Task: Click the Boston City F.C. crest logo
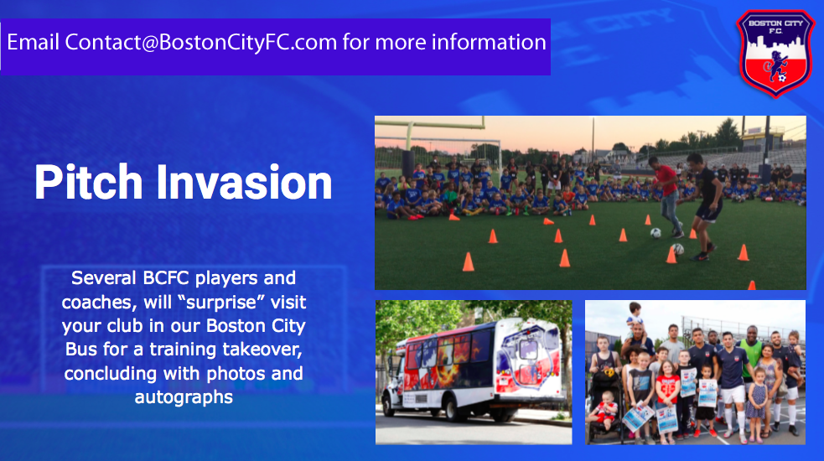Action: pyautogui.click(x=775, y=54)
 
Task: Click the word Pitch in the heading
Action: pyautogui.click(x=88, y=183)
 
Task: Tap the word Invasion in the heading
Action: pyautogui.click(x=244, y=183)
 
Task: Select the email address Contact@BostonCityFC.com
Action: pyautogui.click(x=200, y=42)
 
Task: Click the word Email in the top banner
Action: pyautogui.click(x=33, y=42)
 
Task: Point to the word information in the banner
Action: pyautogui.click(x=489, y=42)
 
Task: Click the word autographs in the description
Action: pyautogui.click(x=184, y=396)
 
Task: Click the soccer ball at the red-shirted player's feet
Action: pyautogui.click(x=656, y=233)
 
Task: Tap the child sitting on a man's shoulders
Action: pyautogui.click(x=635, y=317)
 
